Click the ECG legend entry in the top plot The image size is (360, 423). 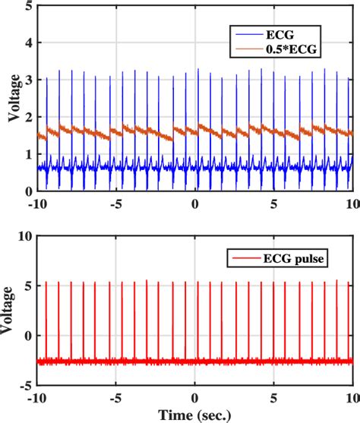(x=283, y=34)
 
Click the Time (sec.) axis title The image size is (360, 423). (x=195, y=415)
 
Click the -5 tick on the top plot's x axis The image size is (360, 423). (x=115, y=204)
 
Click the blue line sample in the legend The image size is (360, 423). (x=247, y=34)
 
